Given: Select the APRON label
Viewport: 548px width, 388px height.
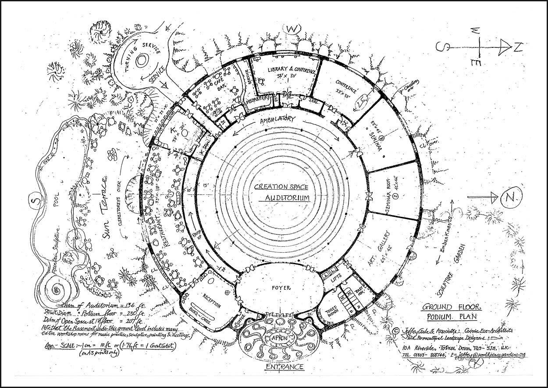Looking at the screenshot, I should click(x=279, y=338).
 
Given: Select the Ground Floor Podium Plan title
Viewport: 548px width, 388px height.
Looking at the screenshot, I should click(x=450, y=312).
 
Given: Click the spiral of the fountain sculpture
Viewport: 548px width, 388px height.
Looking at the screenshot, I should click(x=57, y=289).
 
